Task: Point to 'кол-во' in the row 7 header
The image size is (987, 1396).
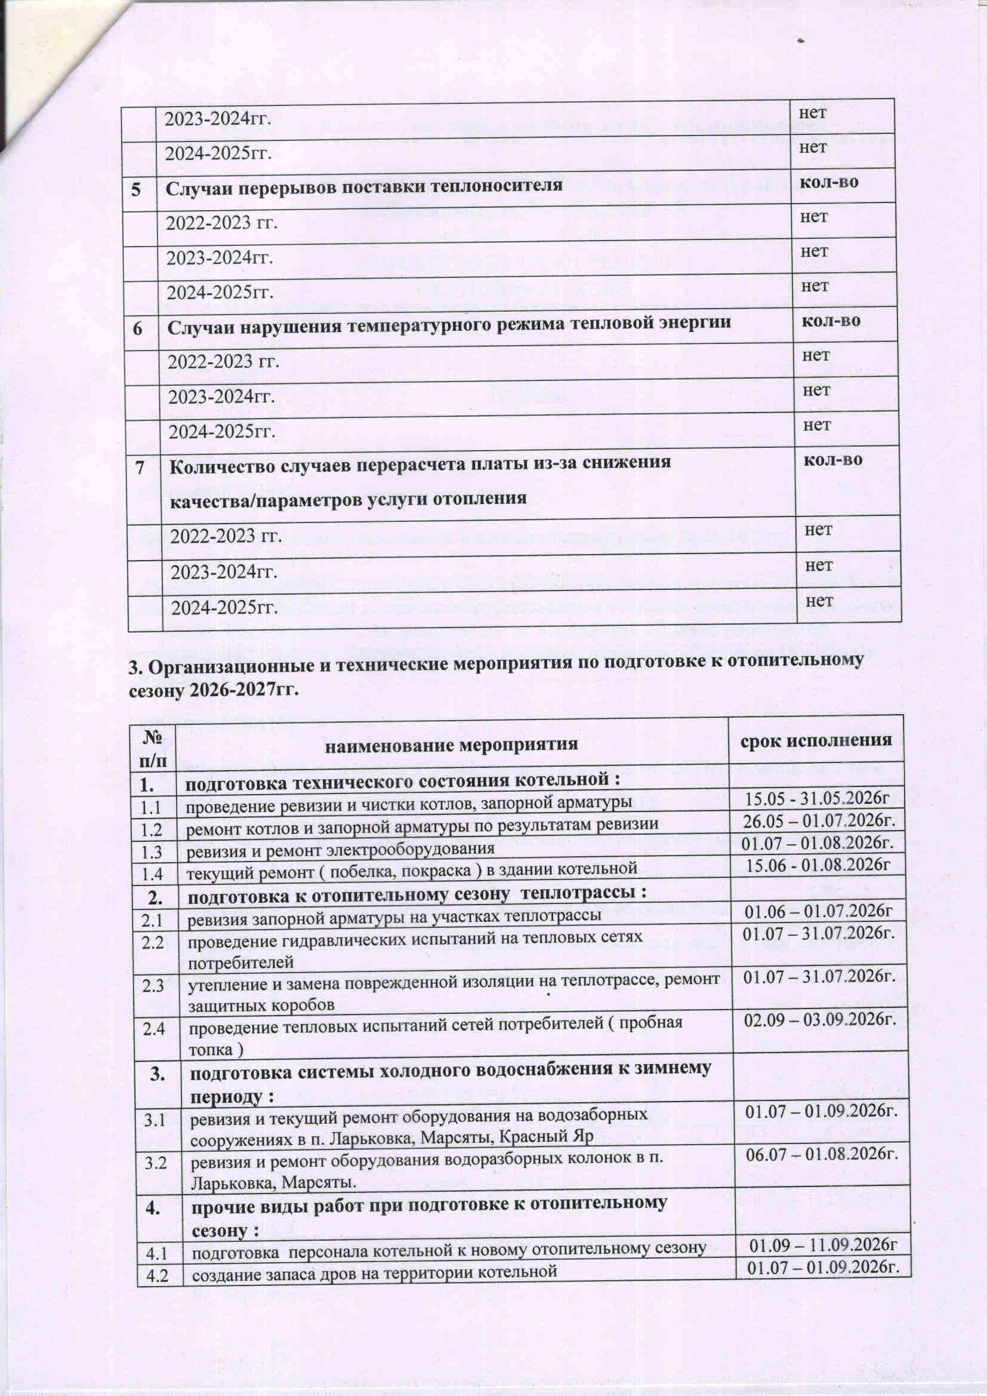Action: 833,460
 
